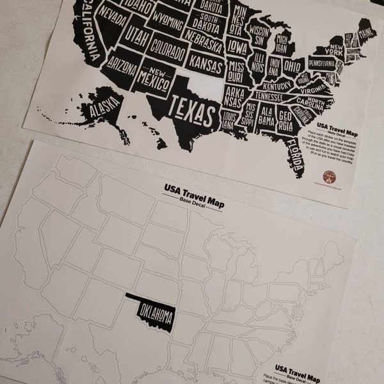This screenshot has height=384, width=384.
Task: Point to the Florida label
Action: coord(295,154)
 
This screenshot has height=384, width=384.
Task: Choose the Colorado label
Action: coord(167,45)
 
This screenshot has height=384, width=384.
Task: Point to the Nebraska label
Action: coord(204,45)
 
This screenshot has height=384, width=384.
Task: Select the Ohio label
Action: coord(292,67)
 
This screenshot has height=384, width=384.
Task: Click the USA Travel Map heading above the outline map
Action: coord(189,190)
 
